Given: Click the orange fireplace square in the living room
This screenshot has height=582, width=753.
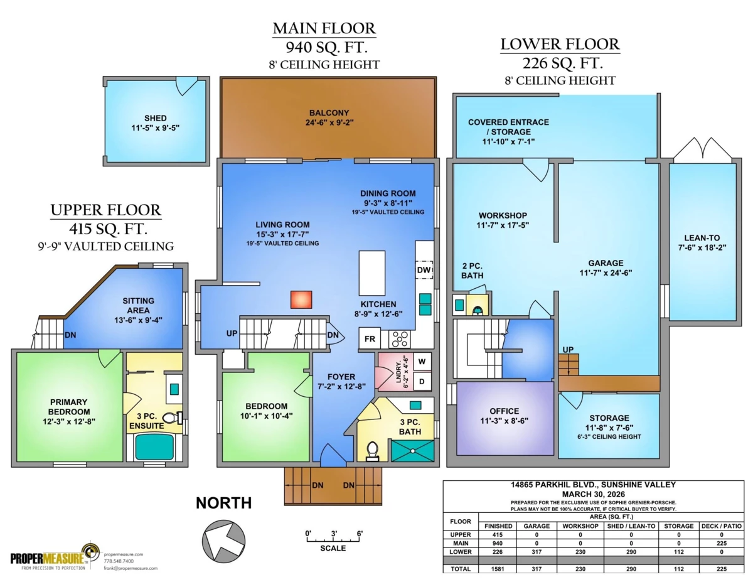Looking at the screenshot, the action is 301,300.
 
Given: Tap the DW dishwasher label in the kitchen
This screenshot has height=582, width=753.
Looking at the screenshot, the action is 424,270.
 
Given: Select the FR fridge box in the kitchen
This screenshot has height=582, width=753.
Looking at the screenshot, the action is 370,338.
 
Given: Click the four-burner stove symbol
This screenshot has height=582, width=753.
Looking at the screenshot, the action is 400,339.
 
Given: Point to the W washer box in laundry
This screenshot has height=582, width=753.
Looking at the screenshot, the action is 422,362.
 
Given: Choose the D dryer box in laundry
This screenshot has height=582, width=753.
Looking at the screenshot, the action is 422,381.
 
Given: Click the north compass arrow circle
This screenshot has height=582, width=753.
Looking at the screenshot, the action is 223,541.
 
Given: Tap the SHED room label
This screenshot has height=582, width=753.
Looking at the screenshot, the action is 155,118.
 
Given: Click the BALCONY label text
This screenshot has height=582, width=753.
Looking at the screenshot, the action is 329,112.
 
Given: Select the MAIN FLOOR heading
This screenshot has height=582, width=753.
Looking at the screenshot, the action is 324,28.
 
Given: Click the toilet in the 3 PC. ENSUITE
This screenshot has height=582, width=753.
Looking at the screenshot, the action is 173,418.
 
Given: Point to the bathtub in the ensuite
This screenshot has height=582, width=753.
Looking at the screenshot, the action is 154,447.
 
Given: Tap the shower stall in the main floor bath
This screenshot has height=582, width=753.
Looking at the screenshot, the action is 412,451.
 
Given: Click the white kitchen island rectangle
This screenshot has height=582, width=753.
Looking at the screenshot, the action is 372,273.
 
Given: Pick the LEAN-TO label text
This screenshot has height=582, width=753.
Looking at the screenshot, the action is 702,238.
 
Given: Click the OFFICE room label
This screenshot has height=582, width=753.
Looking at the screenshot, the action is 504,411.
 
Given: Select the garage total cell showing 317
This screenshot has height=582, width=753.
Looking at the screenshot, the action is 537,568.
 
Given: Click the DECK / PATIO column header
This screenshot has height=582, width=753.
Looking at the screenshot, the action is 722,526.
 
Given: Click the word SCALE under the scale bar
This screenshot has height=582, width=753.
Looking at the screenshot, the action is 333,548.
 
